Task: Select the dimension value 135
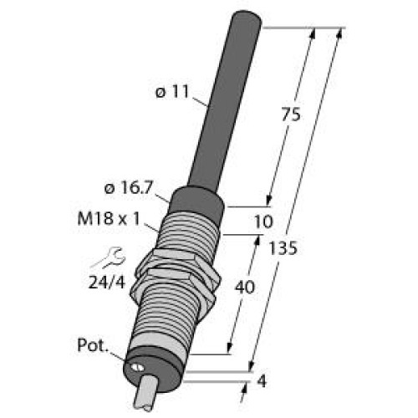pos(286,250)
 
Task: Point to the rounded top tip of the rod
pos(246,18)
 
